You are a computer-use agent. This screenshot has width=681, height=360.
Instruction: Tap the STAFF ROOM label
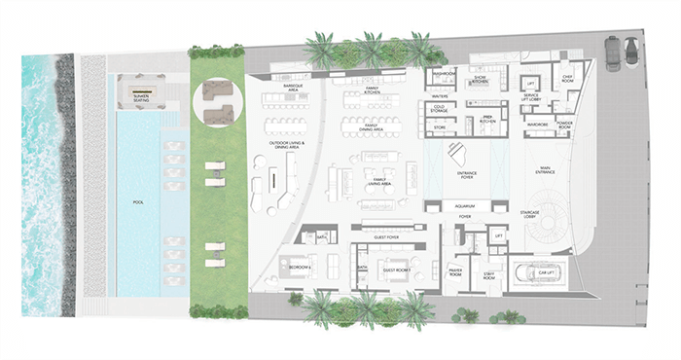pyautogui.click(x=491, y=275)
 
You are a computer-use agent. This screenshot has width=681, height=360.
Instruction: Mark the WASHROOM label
pyautogui.click(x=444, y=73)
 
